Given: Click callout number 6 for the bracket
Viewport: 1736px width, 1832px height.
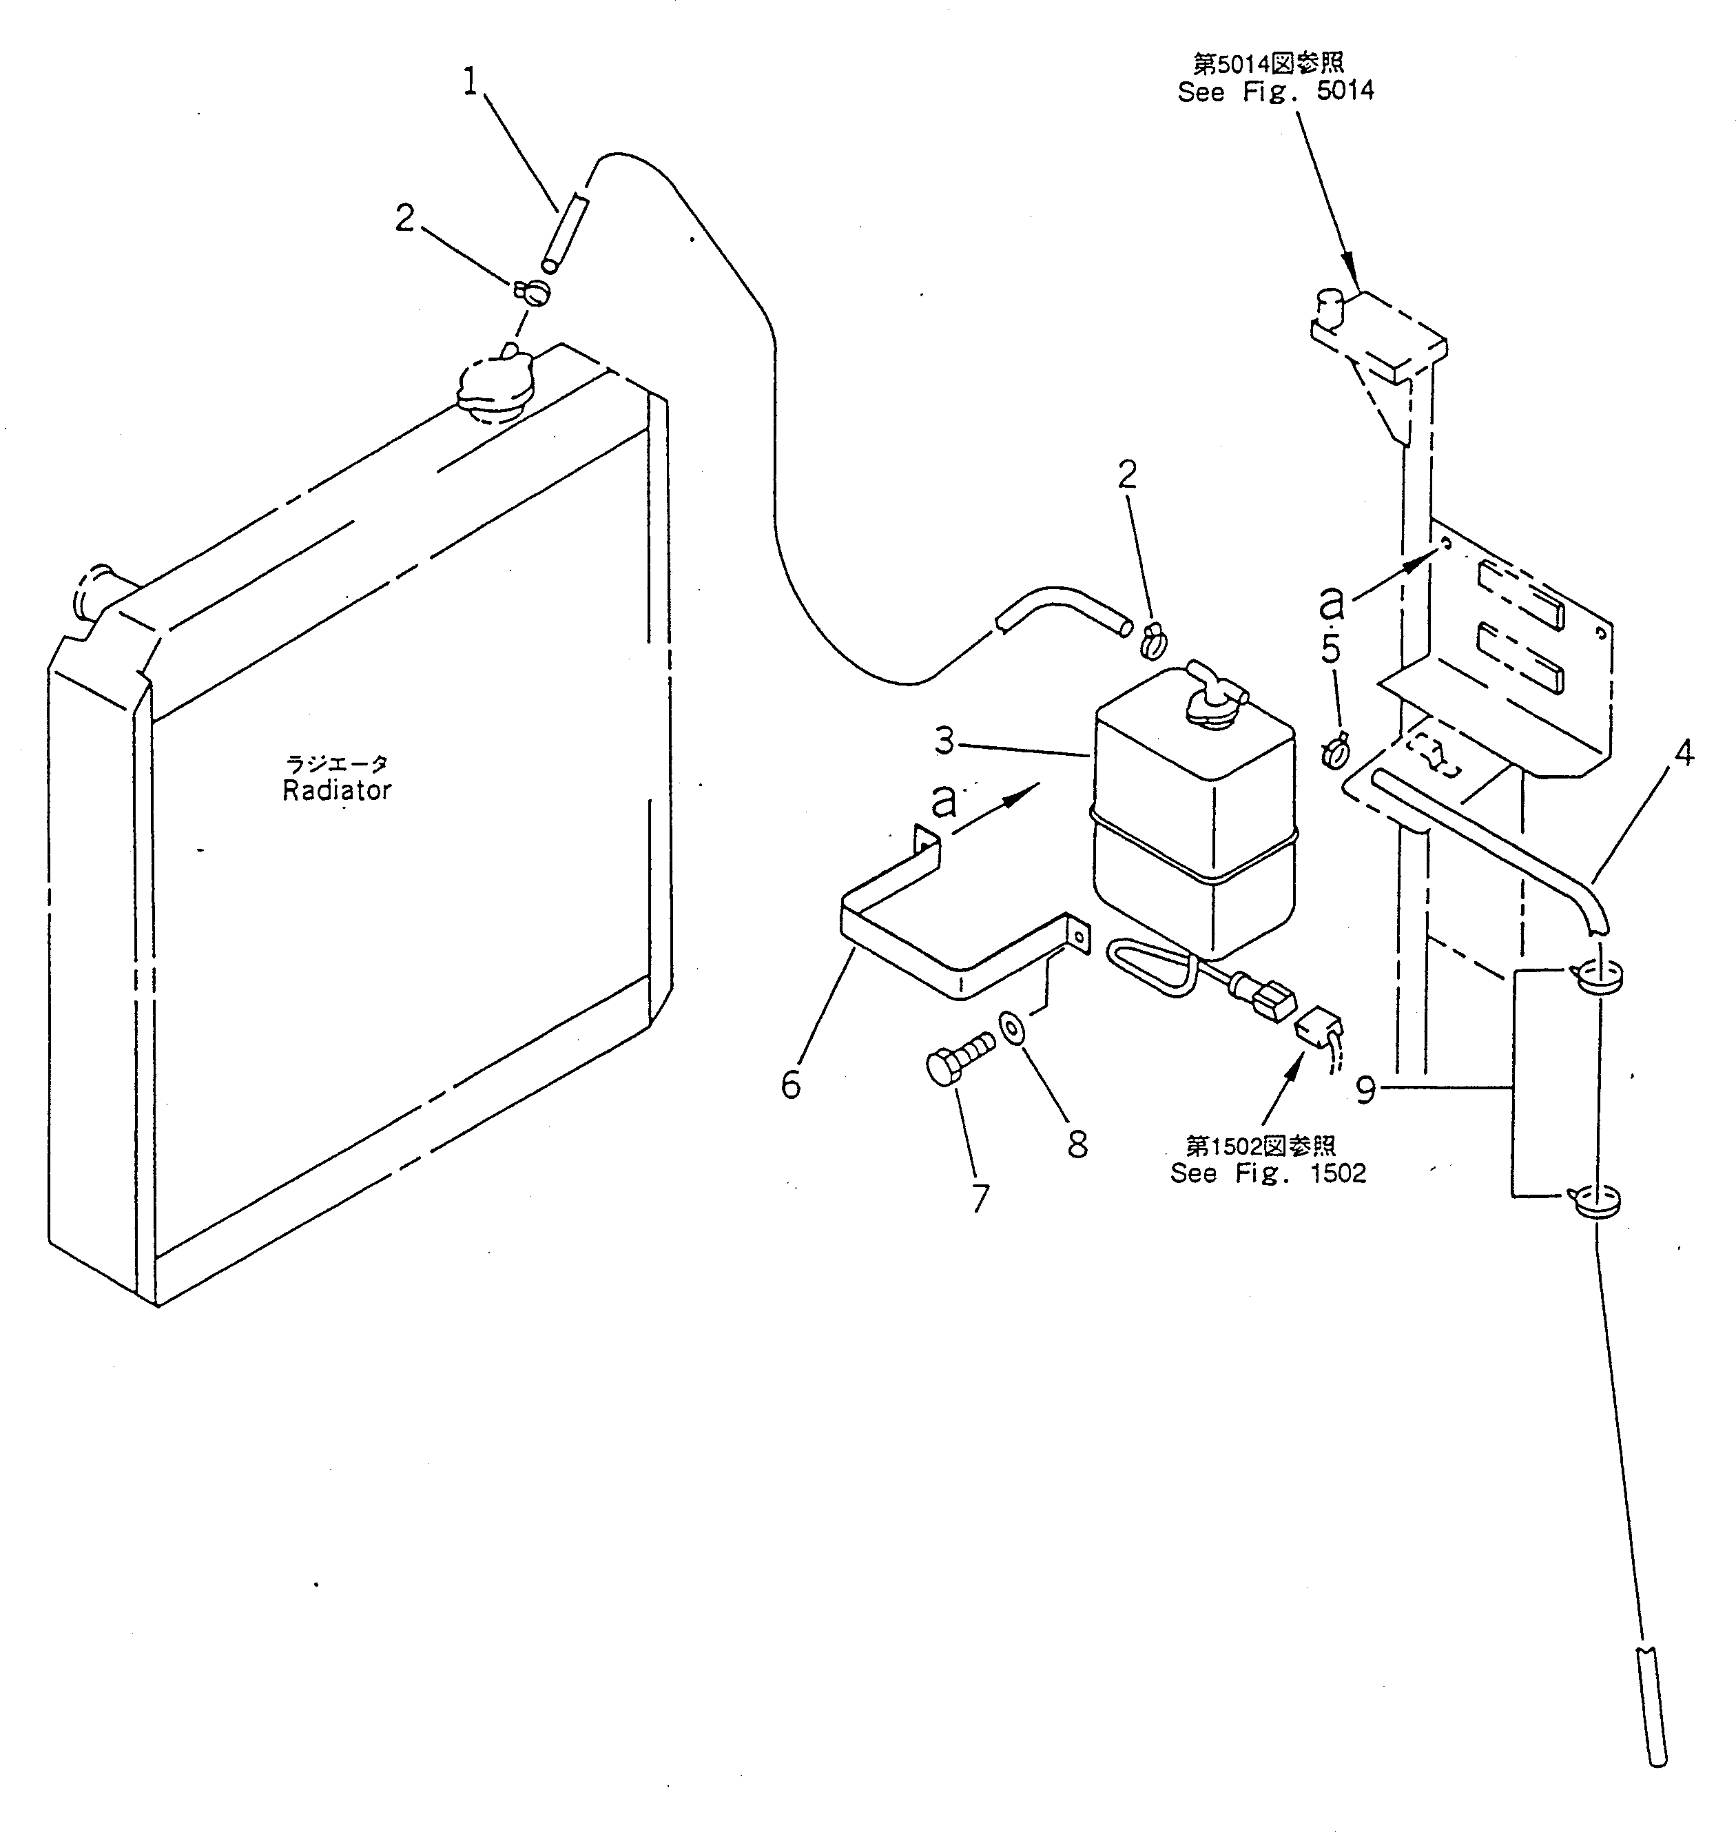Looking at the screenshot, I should click(x=790, y=1084).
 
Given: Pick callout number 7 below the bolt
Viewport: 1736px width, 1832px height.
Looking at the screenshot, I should click(x=980, y=1198).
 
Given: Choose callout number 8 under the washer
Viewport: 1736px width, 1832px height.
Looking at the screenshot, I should click(x=1077, y=1144).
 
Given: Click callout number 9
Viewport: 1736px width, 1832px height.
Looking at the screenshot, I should click(x=1366, y=1090).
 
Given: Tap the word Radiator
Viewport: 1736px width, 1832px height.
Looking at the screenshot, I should click(x=337, y=790).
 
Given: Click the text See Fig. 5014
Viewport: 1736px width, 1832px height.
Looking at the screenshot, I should click(x=1275, y=92).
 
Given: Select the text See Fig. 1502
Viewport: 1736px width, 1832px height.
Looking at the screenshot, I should click(x=1268, y=1173).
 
